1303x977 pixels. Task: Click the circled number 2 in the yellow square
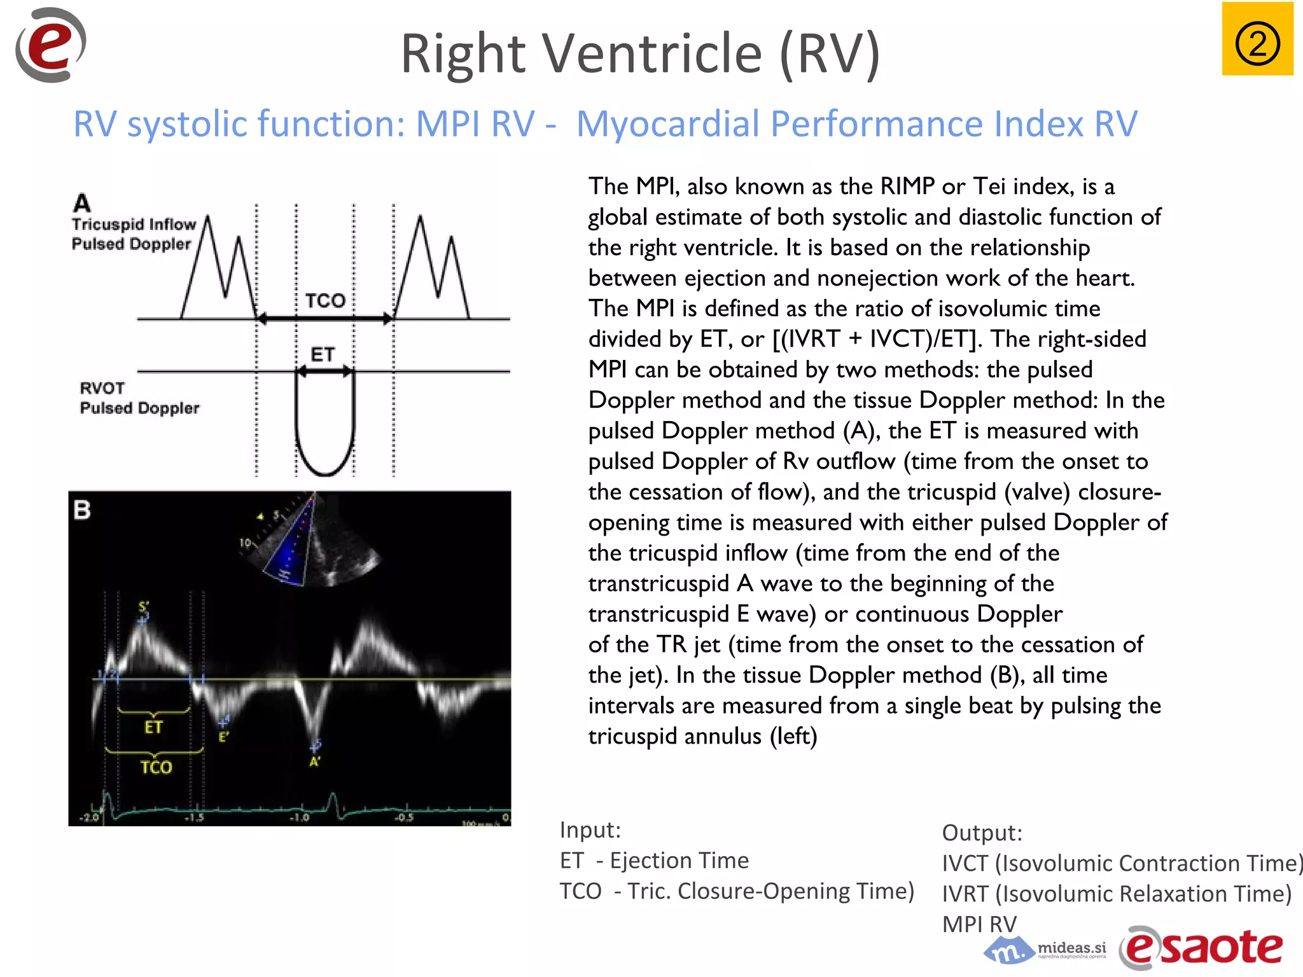(x=1257, y=43)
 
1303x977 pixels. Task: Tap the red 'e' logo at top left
(x=50, y=45)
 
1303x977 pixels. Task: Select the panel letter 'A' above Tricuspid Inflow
(x=82, y=204)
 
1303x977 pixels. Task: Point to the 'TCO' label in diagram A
(x=324, y=300)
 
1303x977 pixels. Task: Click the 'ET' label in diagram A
(x=323, y=354)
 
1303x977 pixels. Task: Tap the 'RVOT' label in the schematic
(x=102, y=388)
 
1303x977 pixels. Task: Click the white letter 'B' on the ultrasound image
(x=82, y=510)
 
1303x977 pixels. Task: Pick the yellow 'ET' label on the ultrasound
(x=153, y=727)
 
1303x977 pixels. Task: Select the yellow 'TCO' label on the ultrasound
(x=156, y=767)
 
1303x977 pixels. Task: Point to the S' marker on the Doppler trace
(x=144, y=608)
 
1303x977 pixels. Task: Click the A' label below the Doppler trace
(x=315, y=761)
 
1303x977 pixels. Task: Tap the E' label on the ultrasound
(x=223, y=737)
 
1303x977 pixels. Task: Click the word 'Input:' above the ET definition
(x=590, y=830)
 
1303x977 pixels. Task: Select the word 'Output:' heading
(x=982, y=833)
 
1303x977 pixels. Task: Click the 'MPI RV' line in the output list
(x=979, y=924)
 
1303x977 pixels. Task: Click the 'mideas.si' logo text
(x=1071, y=948)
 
